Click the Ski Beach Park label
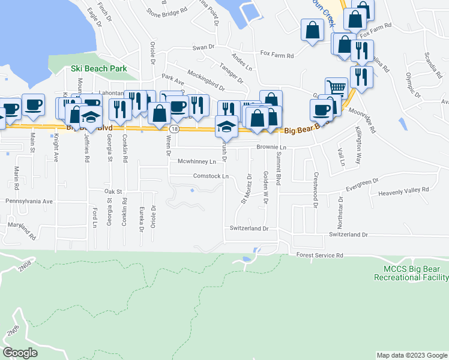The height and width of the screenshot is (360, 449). [x=98, y=68]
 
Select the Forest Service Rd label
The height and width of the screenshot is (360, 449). [x=319, y=255]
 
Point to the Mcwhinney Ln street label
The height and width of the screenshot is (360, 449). [x=196, y=161]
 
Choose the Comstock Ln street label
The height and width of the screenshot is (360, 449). [x=211, y=176]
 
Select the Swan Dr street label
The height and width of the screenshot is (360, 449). [x=203, y=47]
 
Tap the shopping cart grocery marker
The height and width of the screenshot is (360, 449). [x=336, y=88]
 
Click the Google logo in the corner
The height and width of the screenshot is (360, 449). [x=20, y=352]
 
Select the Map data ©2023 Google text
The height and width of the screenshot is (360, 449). [x=411, y=355]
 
